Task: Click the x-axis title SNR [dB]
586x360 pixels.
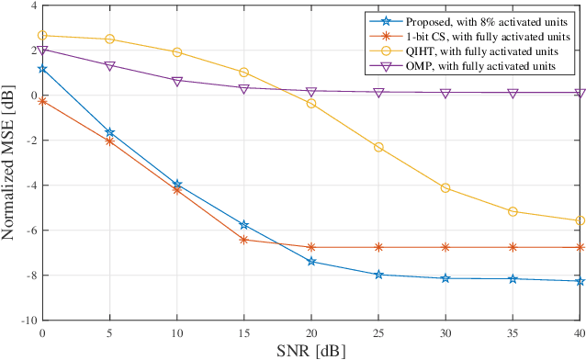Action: point(310,350)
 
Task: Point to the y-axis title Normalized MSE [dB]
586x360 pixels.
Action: point(10,163)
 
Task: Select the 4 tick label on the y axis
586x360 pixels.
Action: point(33,6)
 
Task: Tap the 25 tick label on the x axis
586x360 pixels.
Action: point(378,332)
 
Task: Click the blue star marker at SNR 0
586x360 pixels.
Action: point(42,69)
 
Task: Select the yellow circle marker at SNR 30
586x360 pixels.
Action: point(445,187)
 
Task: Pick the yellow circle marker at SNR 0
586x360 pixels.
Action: point(42,36)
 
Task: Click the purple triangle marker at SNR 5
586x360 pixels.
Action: point(109,66)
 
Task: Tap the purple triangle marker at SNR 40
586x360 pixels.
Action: point(580,94)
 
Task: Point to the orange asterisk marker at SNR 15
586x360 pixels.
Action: point(243,240)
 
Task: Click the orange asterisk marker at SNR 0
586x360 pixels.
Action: point(42,101)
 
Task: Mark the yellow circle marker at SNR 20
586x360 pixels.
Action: point(311,104)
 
